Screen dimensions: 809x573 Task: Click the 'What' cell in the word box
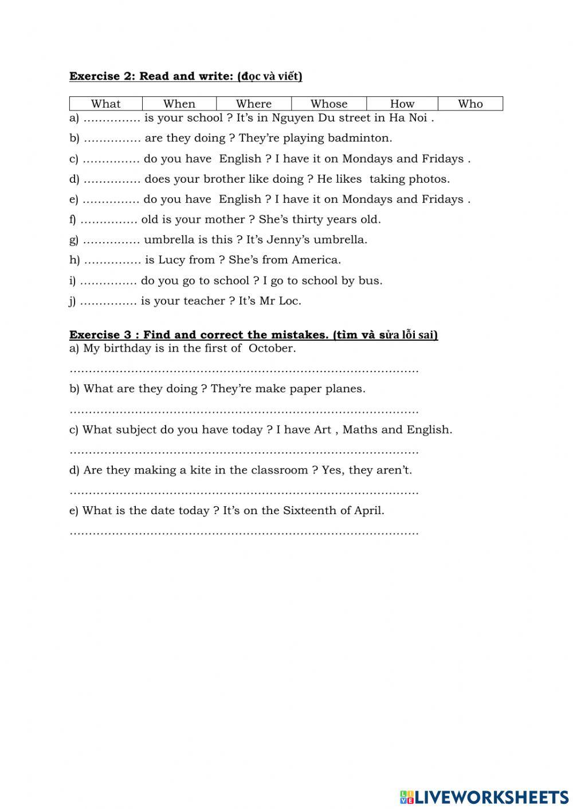(x=106, y=104)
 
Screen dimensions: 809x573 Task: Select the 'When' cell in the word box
(x=179, y=104)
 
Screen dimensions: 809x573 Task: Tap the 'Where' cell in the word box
(x=254, y=104)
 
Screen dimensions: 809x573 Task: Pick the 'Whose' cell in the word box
(x=329, y=104)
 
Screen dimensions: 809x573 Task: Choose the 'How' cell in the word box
(x=402, y=104)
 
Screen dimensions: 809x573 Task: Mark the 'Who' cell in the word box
(x=470, y=104)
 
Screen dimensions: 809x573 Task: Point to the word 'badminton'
(x=365, y=138)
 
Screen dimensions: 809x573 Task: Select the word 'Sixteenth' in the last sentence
(x=308, y=510)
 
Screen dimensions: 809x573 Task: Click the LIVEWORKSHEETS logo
(x=484, y=796)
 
